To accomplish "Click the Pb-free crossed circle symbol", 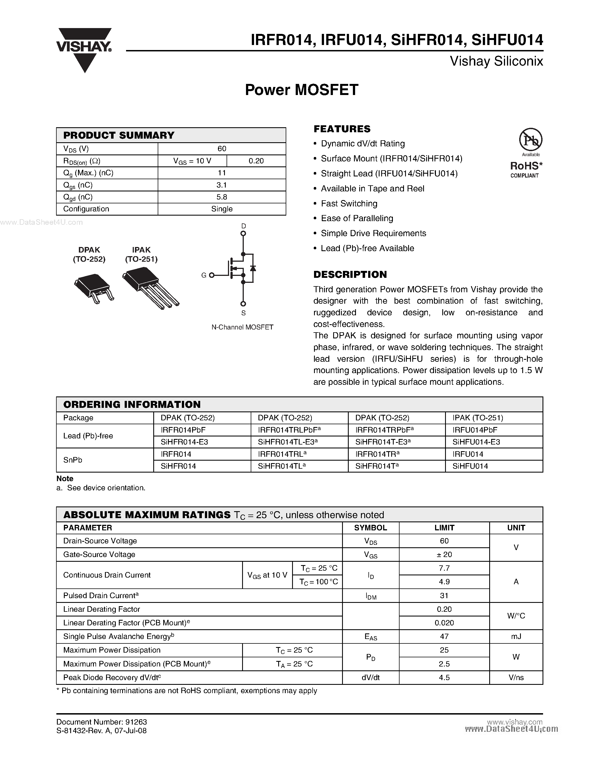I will pyautogui.click(x=530, y=139).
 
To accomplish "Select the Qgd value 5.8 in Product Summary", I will pyautogui.click(x=222, y=197).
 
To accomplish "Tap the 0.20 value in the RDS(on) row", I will pyautogui.click(x=256, y=161).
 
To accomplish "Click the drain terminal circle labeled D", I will pyautogui.click(x=243, y=233).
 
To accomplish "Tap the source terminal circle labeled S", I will pyautogui.click(x=243, y=304).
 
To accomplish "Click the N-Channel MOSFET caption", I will pyautogui.click(x=242, y=327).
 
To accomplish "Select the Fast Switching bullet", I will pyautogui.click(x=349, y=204).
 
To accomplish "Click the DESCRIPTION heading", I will pyautogui.click(x=350, y=274).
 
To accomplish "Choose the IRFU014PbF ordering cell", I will pyautogui.click(x=475, y=430).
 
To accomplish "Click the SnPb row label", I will pyautogui.click(x=73, y=460).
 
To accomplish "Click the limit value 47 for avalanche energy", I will pyautogui.click(x=444, y=637).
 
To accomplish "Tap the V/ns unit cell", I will pyautogui.click(x=516, y=678).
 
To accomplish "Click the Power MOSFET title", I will pyautogui.click(x=302, y=90).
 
